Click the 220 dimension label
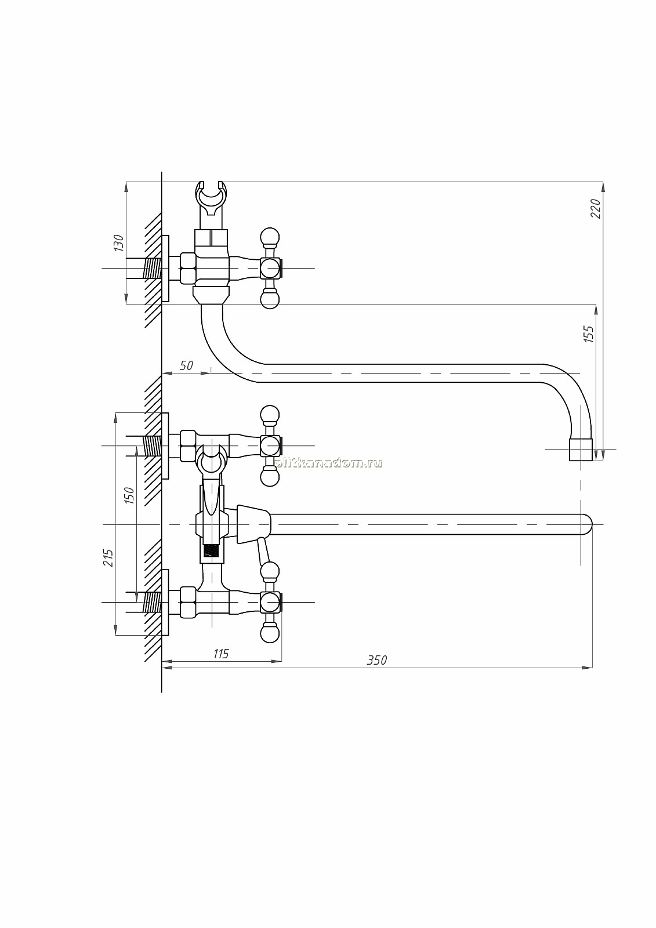595,209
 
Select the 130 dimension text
118,243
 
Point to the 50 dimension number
187,365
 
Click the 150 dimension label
129,495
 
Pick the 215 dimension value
108,558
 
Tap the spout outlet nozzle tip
581,450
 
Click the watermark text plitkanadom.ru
329,463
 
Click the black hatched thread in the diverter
212,550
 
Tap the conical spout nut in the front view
253,524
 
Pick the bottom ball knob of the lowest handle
270,633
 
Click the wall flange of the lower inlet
165,602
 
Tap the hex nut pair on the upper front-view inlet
188,446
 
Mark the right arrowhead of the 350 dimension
587,668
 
